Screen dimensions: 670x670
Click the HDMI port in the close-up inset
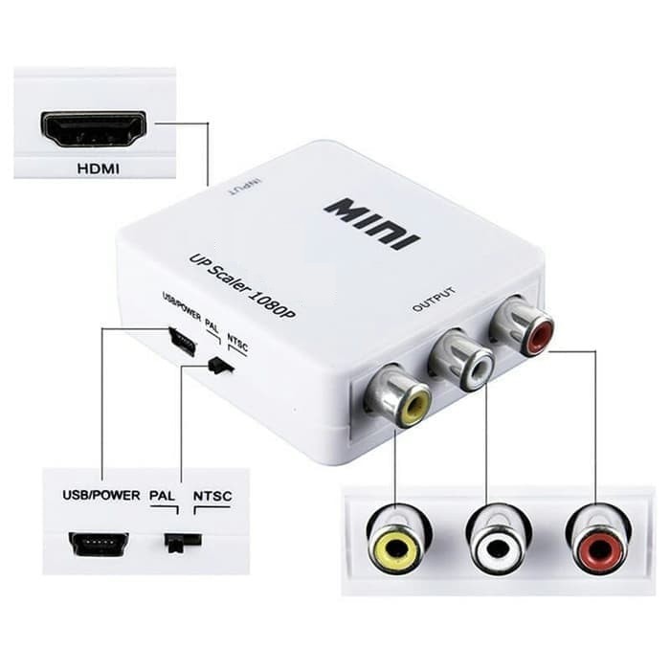point(94,129)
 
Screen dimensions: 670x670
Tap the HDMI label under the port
point(99,168)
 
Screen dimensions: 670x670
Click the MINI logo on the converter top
point(372,224)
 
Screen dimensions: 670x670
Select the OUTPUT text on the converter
point(433,299)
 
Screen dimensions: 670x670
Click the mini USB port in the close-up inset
point(99,544)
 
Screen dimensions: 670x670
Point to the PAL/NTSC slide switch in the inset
point(183,543)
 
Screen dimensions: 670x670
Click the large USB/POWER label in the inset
point(101,495)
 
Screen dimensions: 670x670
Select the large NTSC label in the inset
point(212,496)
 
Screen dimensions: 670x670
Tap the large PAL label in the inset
point(163,496)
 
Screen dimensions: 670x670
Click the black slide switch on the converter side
point(220,366)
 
